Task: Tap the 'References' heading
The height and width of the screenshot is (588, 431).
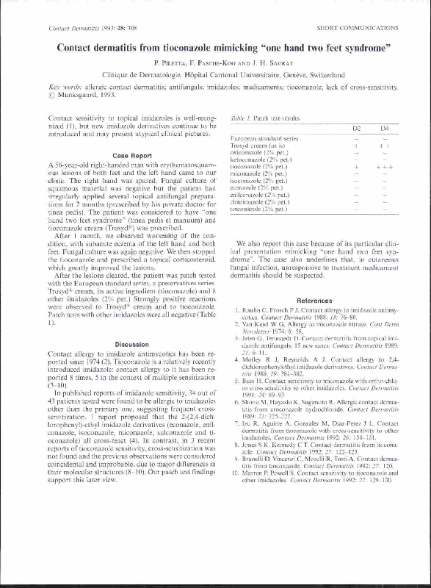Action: (314, 280)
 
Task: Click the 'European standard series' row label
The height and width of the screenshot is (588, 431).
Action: (264, 138)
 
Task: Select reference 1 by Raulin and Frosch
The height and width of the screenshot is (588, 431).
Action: (233, 292)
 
